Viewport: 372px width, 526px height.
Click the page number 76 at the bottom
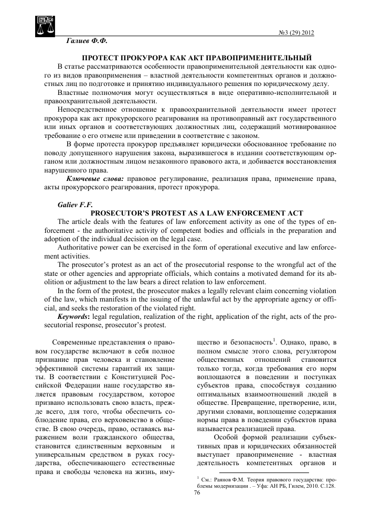(x=197, y=492)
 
